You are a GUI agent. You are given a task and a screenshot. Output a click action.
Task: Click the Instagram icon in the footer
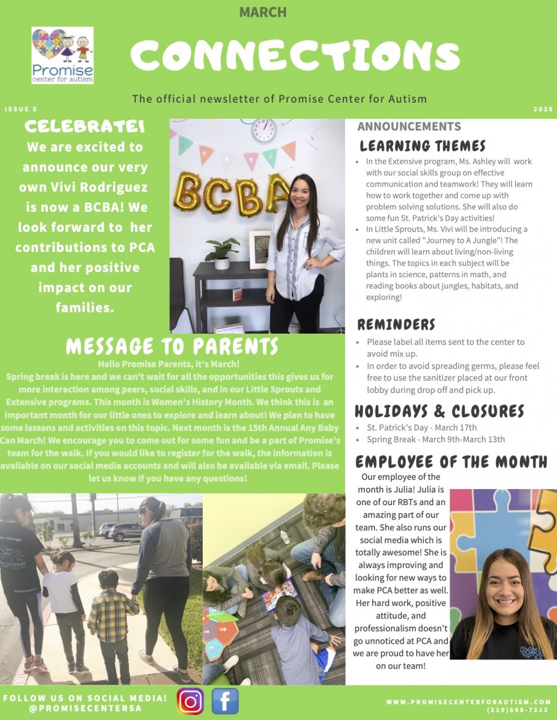pos(190,701)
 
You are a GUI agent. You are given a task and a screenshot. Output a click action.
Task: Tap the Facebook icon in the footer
pos(225,701)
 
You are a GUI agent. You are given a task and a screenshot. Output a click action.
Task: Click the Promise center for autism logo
pos(62,55)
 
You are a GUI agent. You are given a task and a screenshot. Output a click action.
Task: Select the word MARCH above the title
pos(263,12)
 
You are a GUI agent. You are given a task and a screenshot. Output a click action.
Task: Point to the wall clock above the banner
pos(263,130)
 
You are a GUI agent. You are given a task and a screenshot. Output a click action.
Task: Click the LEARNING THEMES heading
pos(423,146)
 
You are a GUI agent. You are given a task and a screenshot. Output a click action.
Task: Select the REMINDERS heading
pos(396,325)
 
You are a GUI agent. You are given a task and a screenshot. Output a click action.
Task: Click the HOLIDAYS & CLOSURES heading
pos(439,411)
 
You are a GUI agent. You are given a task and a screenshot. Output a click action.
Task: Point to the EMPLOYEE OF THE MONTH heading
pos(451,461)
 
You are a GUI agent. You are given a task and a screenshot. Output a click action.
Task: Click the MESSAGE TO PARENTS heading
pos(172,346)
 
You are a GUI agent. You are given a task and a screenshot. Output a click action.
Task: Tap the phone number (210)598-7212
pos(519,710)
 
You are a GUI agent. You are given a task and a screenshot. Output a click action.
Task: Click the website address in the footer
pos(468,701)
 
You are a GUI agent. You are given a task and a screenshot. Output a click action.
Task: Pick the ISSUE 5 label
pos(20,110)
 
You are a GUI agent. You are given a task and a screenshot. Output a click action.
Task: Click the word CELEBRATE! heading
pos(85,127)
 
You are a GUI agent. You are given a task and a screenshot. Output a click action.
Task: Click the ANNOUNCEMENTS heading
pos(409,127)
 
